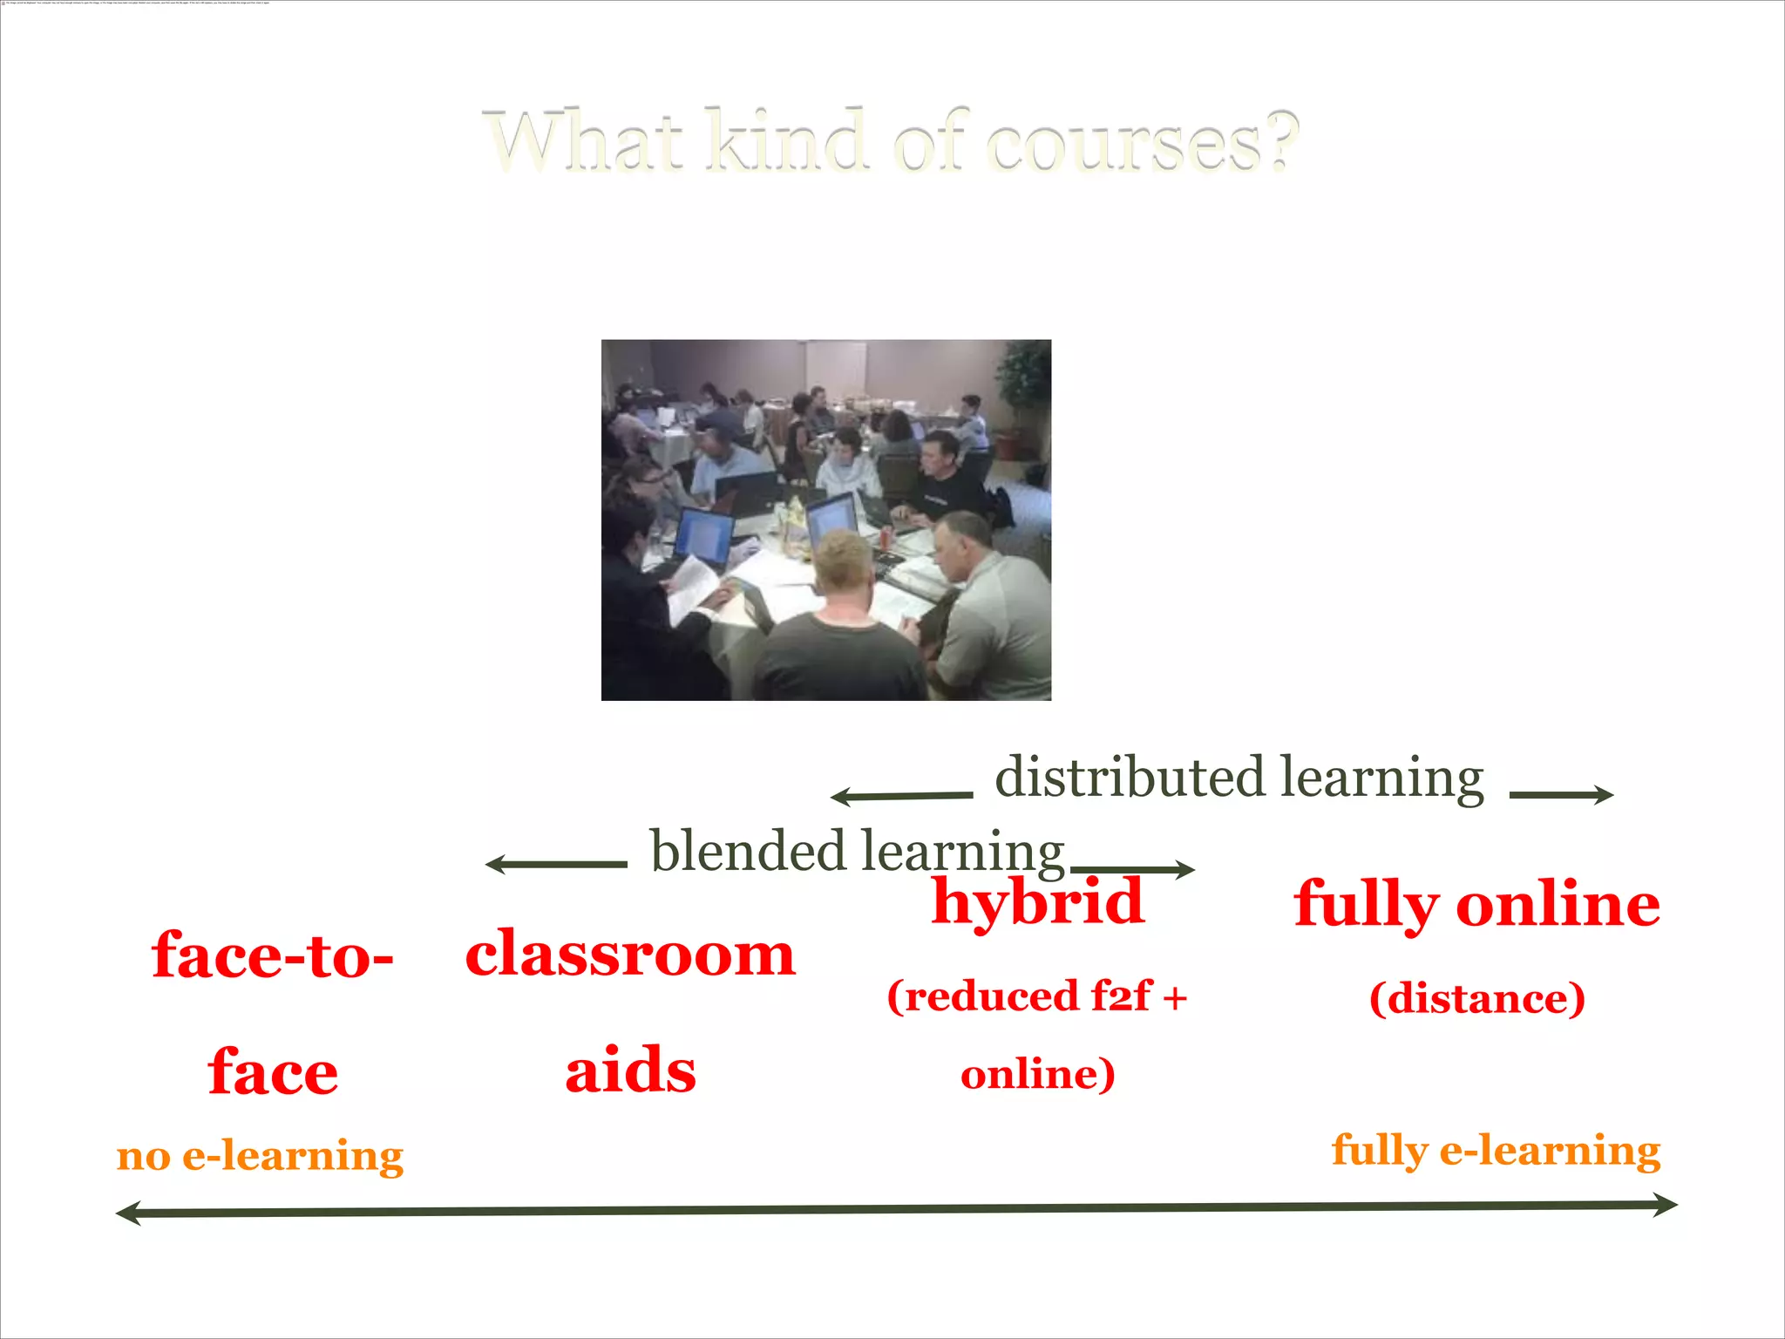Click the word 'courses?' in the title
pyautogui.click(x=1142, y=141)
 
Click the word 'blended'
pyautogui.click(x=748, y=851)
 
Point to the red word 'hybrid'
pyautogui.click(x=1037, y=901)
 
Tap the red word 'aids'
pyautogui.click(x=630, y=1070)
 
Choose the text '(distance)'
pyautogui.click(x=1476, y=998)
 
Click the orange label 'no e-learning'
pyautogui.click(x=260, y=1156)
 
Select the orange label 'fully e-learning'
pyautogui.click(x=1496, y=1151)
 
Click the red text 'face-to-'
pyautogui.click(x=273, y=955)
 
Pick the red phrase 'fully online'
pyautogui.click(x=1476, y=904)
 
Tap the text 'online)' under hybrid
pyautogui.click(x=1037, y=1074)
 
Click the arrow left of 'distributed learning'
pyautogui.click(x=901, y=796)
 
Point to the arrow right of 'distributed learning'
pyautogui.click(x=1561, y=794)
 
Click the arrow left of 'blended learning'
pyautogui.click(x=556, y=865)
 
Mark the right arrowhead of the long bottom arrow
pyautogui.click(x=1665, y=1206)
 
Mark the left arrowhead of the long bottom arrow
pyautogui.click(x=129, y=1213)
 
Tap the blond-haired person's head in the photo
pyautogui.click(x=843, y=562)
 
